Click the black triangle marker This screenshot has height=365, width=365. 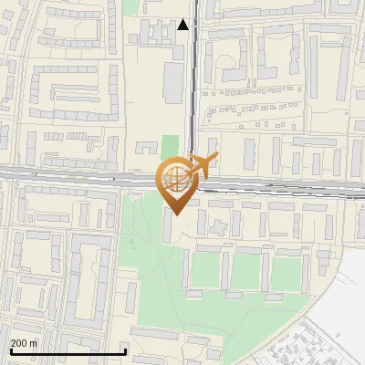point(183,25)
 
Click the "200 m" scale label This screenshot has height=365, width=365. point(24,343)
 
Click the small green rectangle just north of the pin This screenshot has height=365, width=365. point(170,146)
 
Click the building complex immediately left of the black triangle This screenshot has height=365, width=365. point(151,32)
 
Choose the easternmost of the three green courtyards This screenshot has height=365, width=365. point(286,270)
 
